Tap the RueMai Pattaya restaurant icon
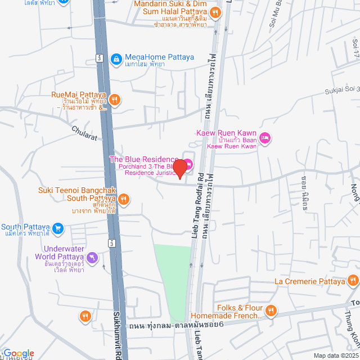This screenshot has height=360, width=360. point(115,100)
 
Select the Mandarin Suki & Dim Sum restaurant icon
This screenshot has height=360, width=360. point(214,12)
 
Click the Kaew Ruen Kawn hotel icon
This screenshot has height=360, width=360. point(265,138)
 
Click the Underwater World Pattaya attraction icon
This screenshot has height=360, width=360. point(93,258)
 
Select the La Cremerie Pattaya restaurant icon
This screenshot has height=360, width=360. point(353,280)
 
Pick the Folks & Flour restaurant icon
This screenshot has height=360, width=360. point(271,310)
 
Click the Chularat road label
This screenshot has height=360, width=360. point(84,133)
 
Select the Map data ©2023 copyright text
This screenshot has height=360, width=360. point(336,355)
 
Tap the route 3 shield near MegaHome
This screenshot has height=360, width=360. point(99,58)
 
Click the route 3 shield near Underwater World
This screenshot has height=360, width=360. point(111,242)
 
